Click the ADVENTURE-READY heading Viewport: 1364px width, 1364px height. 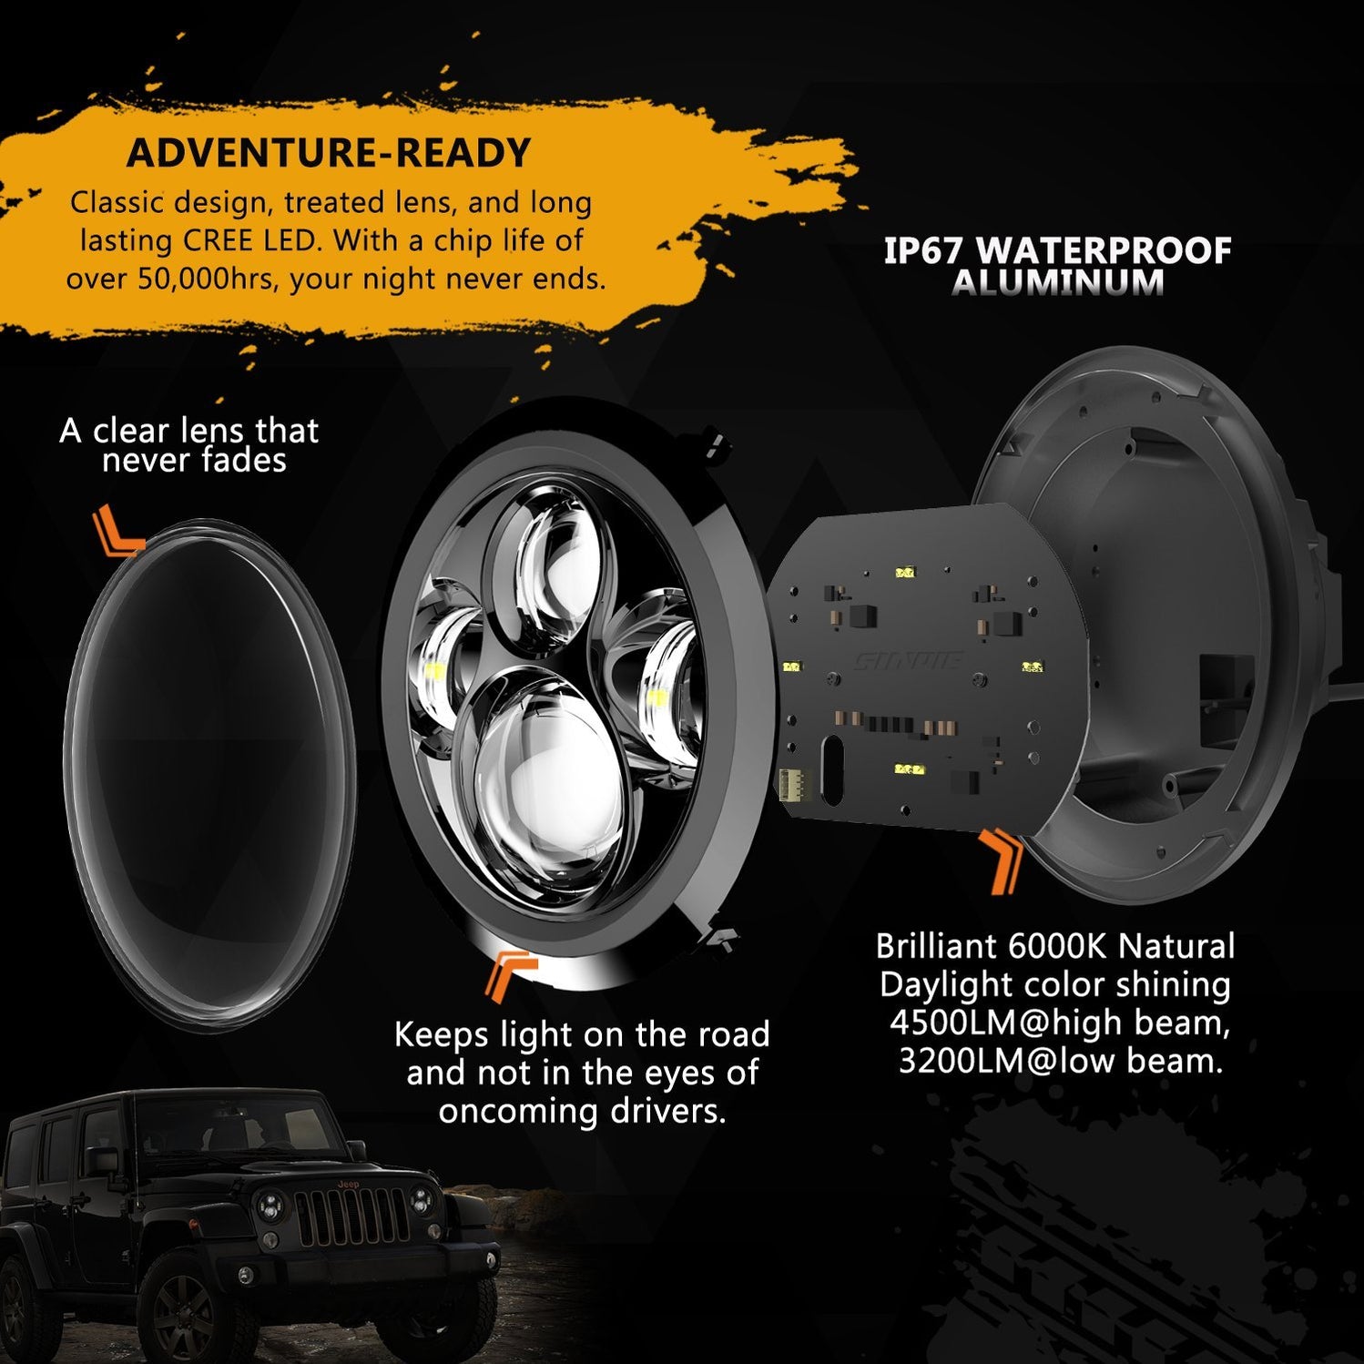pyautogui.click(x=329, y=153)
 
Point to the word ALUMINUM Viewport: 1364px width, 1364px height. pyautogui.click(x=1057, y=283)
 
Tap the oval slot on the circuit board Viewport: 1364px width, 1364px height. pyautogui.click(x=831, y=769)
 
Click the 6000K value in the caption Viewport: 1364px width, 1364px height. pyautogui.click(x=1056, y=947)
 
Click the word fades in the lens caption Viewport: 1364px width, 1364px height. pyautogui.click(x=243, y=461)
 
